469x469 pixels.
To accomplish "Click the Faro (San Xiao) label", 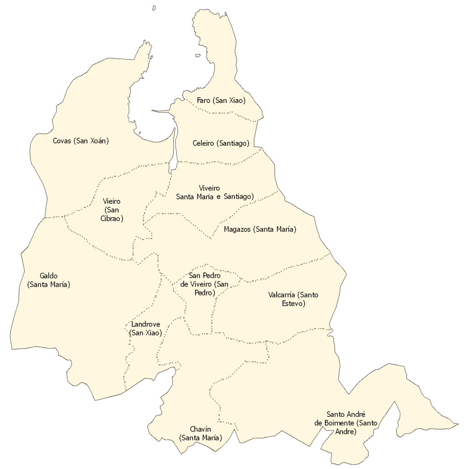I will [221, 100].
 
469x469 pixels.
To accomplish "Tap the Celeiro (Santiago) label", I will [221, 143].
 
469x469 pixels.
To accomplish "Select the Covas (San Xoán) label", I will [81, 141].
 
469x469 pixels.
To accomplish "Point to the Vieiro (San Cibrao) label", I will [112, 210].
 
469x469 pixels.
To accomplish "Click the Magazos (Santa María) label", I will [260, 229].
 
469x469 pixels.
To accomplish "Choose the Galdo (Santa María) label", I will [49, 280].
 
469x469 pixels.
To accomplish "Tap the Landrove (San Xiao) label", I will [146, 328].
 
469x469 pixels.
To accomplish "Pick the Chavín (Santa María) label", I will [201, 433].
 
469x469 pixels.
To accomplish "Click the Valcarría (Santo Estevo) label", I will [293, 299].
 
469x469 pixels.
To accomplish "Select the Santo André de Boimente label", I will [346, 422].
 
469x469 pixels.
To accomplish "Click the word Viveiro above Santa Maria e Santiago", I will [210, 188].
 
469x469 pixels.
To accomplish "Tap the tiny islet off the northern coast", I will [154, 8].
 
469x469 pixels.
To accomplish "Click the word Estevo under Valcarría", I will [293, 303].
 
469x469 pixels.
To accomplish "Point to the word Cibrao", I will [112, 218].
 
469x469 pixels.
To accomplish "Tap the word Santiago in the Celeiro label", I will [234, 143].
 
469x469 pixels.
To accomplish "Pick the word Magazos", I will [237, 229].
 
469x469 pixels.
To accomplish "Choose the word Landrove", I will [146, 324].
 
